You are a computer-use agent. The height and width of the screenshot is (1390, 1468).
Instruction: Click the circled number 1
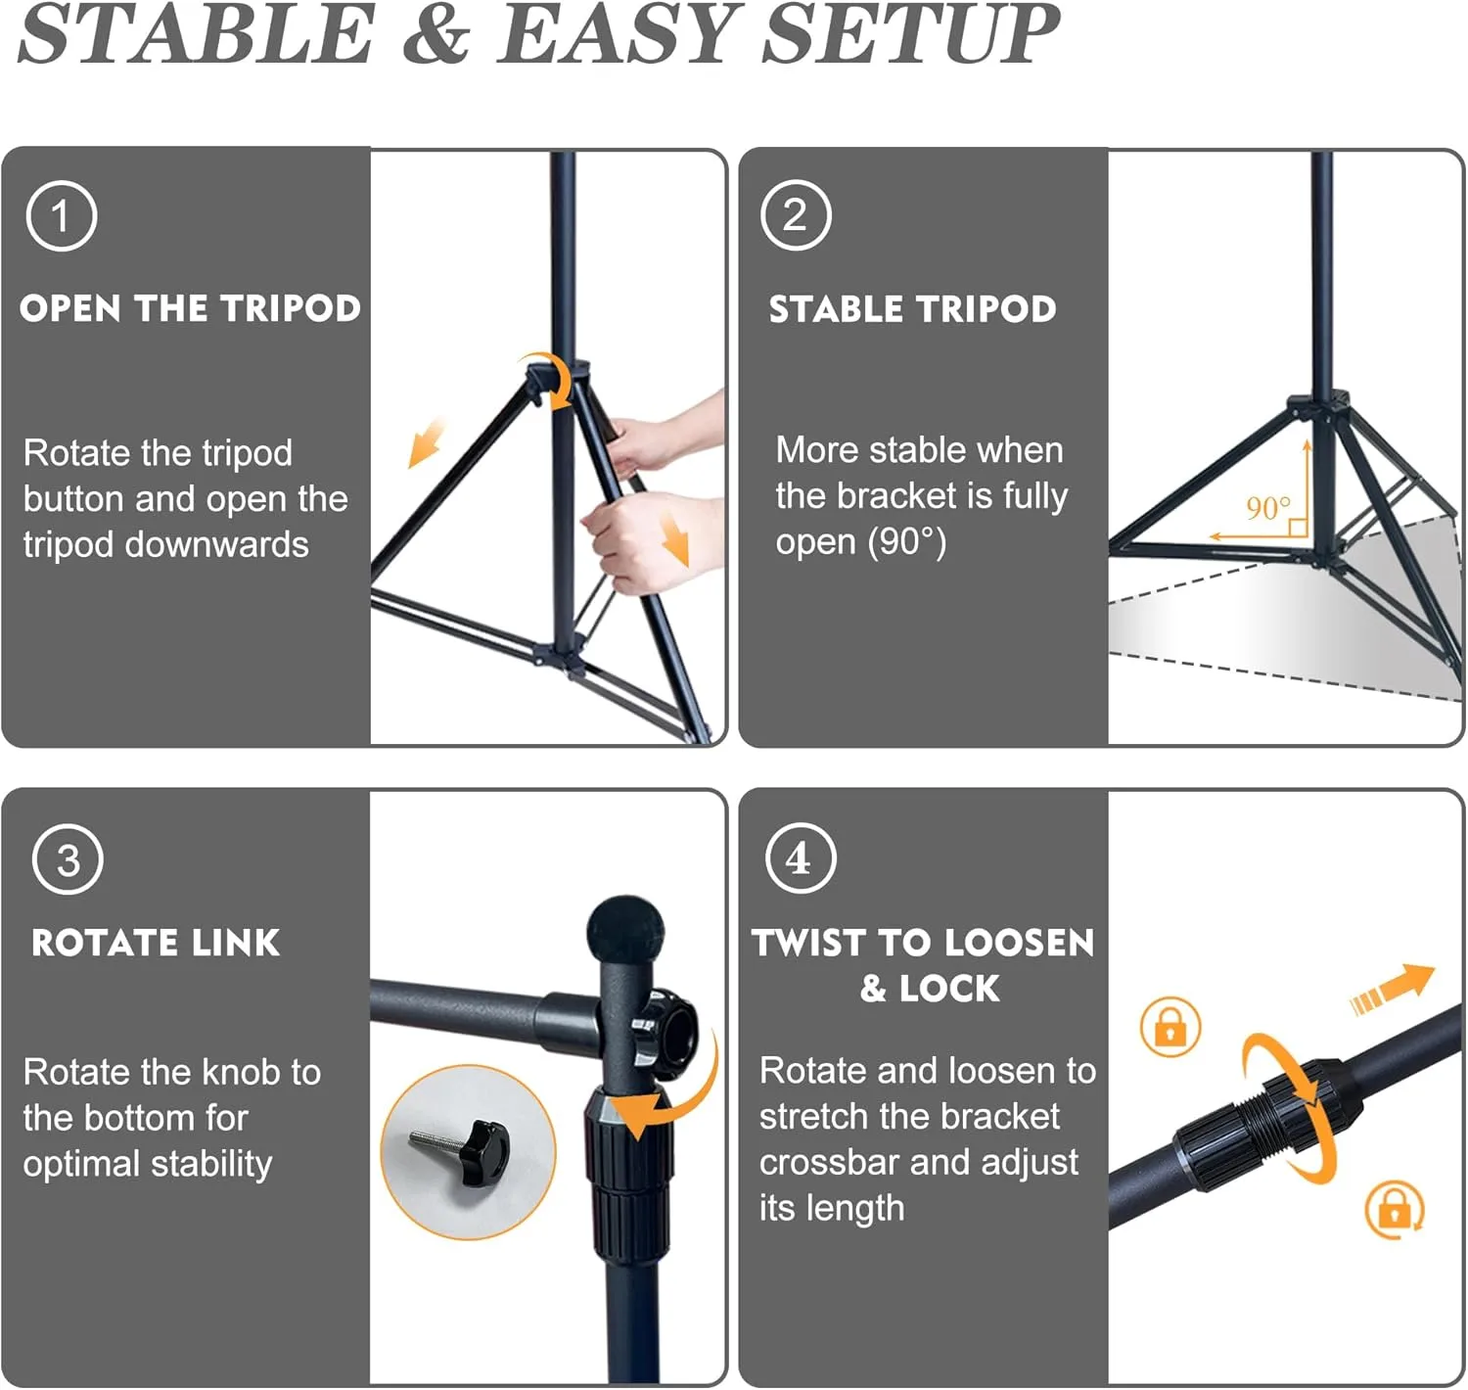coord(62,216)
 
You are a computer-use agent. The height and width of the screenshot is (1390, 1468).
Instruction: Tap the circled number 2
coord(796,215)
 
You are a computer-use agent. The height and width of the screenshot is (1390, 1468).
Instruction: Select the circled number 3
coord(68,859)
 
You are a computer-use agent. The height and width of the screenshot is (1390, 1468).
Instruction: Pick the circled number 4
coord(801,858)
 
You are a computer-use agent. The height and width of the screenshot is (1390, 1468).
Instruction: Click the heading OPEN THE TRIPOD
coord(191,308)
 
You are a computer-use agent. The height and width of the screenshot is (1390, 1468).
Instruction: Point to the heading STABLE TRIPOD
coord(912,309)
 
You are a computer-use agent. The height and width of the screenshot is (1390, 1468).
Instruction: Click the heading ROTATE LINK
coord(156,943)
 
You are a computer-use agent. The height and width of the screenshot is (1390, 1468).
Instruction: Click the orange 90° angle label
coord(1268,509)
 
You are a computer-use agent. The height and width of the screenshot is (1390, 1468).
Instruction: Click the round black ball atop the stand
coord(625,931)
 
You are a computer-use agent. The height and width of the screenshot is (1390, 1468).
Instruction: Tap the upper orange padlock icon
coord(1170,1026)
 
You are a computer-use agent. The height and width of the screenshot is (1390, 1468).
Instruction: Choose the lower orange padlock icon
coord(1394,1210)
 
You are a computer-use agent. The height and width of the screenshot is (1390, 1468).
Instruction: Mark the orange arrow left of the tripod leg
coord(426,442)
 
